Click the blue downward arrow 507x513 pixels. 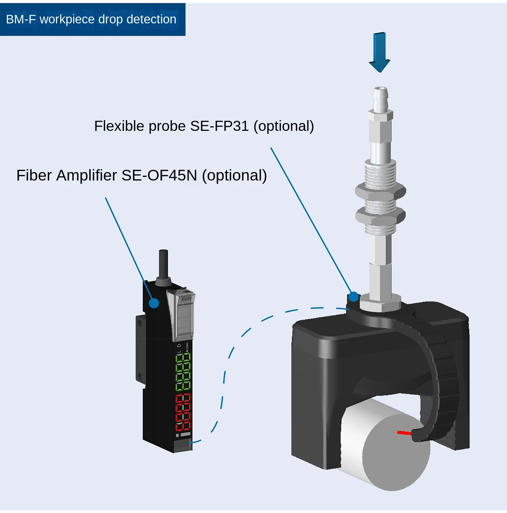point(379,52)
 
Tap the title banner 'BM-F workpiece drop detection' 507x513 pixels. point(91,19)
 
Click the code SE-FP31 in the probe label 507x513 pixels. point(219,126)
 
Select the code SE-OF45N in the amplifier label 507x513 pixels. point(159,175)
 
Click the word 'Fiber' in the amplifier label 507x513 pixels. point(34,175)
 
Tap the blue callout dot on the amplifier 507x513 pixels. point(154,303)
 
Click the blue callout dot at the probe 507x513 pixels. point(354,296)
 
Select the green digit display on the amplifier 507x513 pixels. point(183,372)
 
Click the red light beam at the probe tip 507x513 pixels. point(404,432)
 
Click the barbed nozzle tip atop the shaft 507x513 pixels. point(380,97)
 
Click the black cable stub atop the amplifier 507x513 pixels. point(163,263)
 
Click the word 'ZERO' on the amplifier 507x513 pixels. point(187,347)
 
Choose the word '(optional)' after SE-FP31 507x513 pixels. point(284,126)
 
